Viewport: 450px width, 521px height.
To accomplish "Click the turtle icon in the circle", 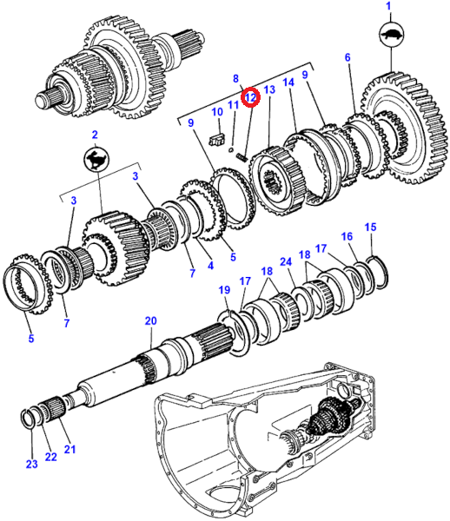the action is click(x=391, y=35).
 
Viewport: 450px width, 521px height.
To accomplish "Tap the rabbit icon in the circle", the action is click(x=96, y=159).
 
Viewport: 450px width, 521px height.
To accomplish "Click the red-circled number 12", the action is click(x=250, y=97).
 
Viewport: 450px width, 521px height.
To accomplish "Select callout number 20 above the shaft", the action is click(x=150, y=321).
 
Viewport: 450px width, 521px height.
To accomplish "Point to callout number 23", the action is click(x=31, y=464).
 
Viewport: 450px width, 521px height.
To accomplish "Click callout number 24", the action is click(x=286, y=262).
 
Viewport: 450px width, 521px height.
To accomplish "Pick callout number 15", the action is click(x=370, y=228).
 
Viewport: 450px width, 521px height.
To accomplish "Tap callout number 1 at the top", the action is click(x=388, y=6).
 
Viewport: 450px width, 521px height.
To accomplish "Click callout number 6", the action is click(x=347, y=57).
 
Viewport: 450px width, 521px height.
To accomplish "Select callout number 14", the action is click(x=288, y=82).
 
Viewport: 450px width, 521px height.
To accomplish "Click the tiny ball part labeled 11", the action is click(x=231, y=150).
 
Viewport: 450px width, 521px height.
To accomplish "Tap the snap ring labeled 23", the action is click(x=27, y=419).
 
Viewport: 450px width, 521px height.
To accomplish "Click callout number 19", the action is click(x=224, y=290).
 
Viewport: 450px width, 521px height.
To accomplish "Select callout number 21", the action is click(x=69, y=449).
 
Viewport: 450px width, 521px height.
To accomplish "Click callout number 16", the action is click(x=347, y=236).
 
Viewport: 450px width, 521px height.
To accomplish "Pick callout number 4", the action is click(x=210, y=266).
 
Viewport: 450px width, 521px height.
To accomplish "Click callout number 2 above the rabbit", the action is click(x=95, y=135).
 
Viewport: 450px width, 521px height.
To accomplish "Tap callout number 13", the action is click(x=269, y=89).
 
